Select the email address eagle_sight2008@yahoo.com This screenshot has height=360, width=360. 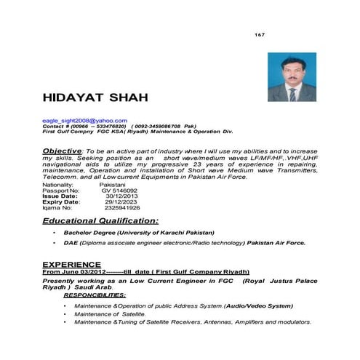[85, 120]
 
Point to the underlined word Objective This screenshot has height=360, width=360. [64, 150]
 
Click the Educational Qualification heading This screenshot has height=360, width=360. [100, 220]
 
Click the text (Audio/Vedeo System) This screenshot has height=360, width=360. [253, 307]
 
